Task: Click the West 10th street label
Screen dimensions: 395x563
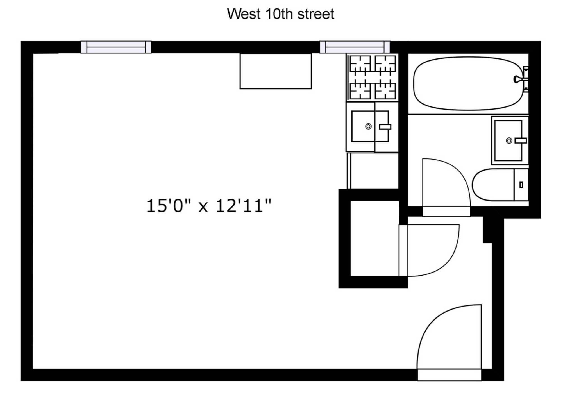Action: point(280,14)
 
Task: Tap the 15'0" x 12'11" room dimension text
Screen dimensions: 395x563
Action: point(209,206)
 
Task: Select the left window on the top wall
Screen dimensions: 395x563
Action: point(116,47)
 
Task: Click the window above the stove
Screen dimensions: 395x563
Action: point(355,47)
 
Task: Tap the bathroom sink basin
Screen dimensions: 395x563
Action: point(508,140)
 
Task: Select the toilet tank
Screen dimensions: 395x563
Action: point(521,185)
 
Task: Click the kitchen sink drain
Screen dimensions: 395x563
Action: point(368,126)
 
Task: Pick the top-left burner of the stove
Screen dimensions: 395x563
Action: point(360,64)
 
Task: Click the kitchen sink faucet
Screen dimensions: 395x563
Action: point(385,127)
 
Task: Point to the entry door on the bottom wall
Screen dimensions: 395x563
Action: point(449,375)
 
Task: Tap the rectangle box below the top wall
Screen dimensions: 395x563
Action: point(276,71)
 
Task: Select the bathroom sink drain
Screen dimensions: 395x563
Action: point(509,140)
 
